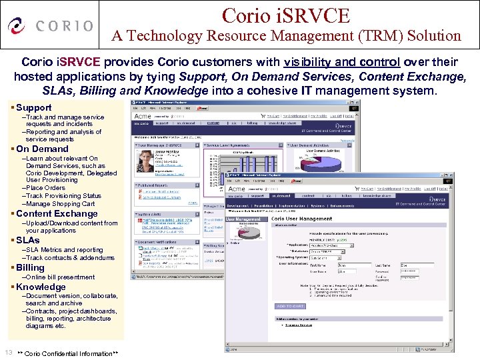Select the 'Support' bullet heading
tap(33, 107)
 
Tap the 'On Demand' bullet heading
tap(41, 149)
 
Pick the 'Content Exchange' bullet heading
tap(57, 213)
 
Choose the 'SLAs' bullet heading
tap(27, 240)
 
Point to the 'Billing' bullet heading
tap(30, 267)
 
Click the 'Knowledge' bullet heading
tap(41, 287)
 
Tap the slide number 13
tap(9, 352)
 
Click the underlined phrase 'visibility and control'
tap(341, 62)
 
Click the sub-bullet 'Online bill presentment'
tap(60, 277)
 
